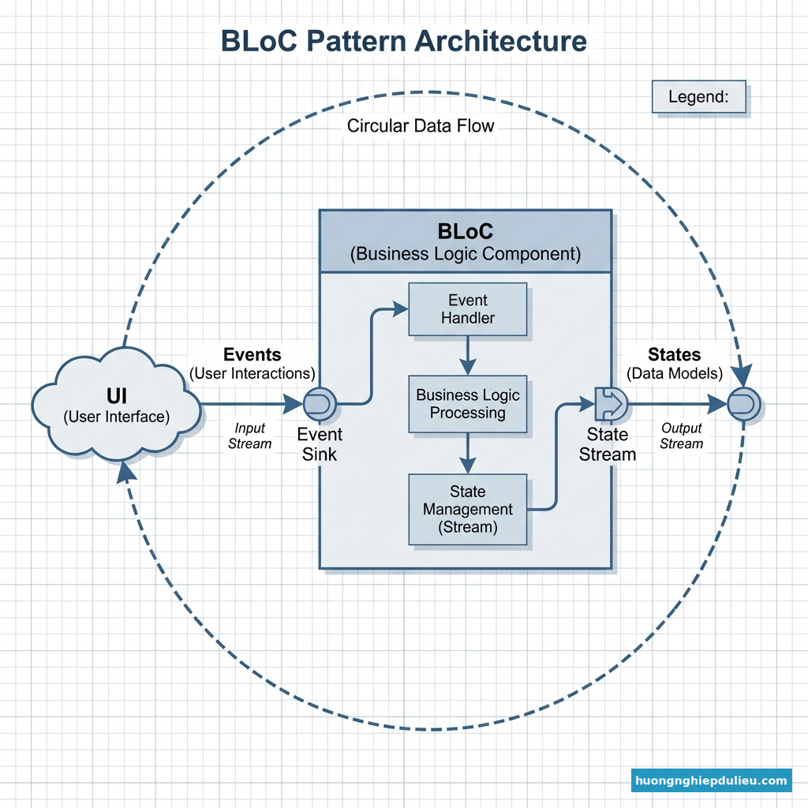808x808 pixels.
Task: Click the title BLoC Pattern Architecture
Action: pyautogui.click(x=403, y=41)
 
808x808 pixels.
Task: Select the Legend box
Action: pyautogui.click(x=698, y=97)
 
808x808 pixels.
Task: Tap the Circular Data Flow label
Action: pyautogui.click(x=421, y=125)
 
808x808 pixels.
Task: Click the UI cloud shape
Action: pyautogui.click(x=116, y=405)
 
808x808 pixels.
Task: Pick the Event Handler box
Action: pyautogui.click(x=467, y=309)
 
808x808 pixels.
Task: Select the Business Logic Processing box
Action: pyautogui.click(x=467, y=403)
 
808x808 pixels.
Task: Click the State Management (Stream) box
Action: pyautogui.click(x=467, y=509)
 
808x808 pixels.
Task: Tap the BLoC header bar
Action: pyautogui.click(x=466, y=241)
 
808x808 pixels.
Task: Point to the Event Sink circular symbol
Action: pyautogui.click(x=320, y=404)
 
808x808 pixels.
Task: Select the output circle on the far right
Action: pyautogui.click(x=743, y=404)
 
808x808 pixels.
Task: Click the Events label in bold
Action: pyautogui.click(x=252, y=354)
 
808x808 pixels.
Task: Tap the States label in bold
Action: pyautogui.click(x=674, y=354)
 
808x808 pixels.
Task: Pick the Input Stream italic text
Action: pyautogui.click(x=249, y=436)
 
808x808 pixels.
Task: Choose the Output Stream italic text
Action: pyautogui.click(x=681, y=436)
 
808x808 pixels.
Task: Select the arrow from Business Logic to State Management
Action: pyautogui.click(x=467, y=454)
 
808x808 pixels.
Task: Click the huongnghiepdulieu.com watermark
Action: pyautogui.click(x=711, y=781)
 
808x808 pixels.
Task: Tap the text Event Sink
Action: pyautogui.click(x=320, y=443)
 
